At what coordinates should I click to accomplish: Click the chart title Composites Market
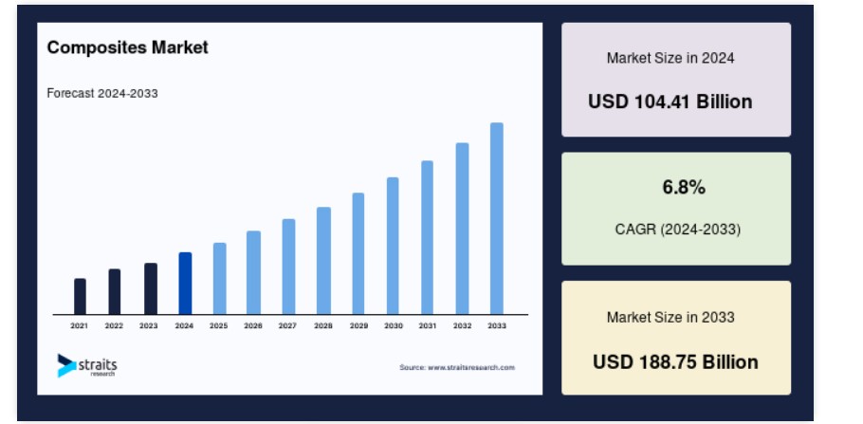pos(128,47)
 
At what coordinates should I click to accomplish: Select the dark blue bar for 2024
pos(186,283)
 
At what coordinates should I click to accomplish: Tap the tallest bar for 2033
pos(496,218)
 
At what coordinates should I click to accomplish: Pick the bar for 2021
pos(80,296)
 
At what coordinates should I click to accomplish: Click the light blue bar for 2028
pos(323,261)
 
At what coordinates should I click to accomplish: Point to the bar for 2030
pos(393,246)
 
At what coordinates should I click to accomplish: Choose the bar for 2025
pos(220,278)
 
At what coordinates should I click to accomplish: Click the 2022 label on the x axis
pos(114,326)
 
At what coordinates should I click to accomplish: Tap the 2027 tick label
pos(287,326)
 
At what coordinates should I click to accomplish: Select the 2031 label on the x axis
pos(428,326)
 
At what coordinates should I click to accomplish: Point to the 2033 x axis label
pos(497,326)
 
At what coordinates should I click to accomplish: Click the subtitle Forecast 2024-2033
pos(102,94)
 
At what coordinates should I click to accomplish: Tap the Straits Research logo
pos(87,365)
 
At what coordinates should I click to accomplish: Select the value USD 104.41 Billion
pos(670,101)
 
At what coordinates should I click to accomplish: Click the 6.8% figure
pos(684,188)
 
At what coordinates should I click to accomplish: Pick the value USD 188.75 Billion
pos(675,361)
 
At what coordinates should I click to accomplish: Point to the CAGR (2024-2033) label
pos(677,229)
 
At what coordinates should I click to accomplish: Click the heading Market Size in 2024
pos(670,58)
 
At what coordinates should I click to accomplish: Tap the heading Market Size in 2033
pos(670,317)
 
